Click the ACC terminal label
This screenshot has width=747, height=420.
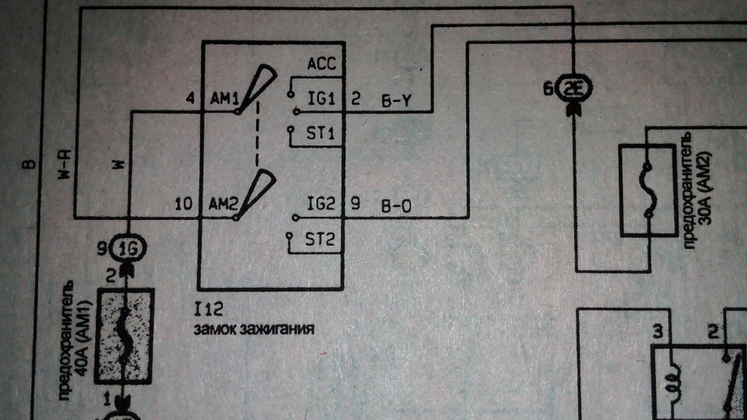click(321, 63)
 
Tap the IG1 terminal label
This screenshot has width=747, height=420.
click(321, 99)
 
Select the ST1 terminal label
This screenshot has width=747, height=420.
click(320, 133)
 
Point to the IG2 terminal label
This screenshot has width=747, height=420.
click(321, 204)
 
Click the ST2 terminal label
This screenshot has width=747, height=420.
click(320, 239)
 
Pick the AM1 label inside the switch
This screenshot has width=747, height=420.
click(224, 99)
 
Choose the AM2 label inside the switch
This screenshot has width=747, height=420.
click(223, 205)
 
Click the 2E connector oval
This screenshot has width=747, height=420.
click(574, 89)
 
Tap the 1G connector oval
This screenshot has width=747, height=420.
click(128, 248)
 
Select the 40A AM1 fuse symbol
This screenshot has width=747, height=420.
click(124, 336)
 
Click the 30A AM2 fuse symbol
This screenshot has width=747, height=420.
click(648, 191)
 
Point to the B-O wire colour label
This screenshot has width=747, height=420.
click(396, 207)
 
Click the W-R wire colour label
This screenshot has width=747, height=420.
click(65, 165)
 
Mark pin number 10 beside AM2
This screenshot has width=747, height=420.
click(184, 205)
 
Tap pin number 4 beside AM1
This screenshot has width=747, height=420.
click(191, 99)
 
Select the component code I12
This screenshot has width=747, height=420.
click(209, 310)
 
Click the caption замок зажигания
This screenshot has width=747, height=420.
click(254, 329)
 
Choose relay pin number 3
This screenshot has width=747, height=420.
click(658, 331)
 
